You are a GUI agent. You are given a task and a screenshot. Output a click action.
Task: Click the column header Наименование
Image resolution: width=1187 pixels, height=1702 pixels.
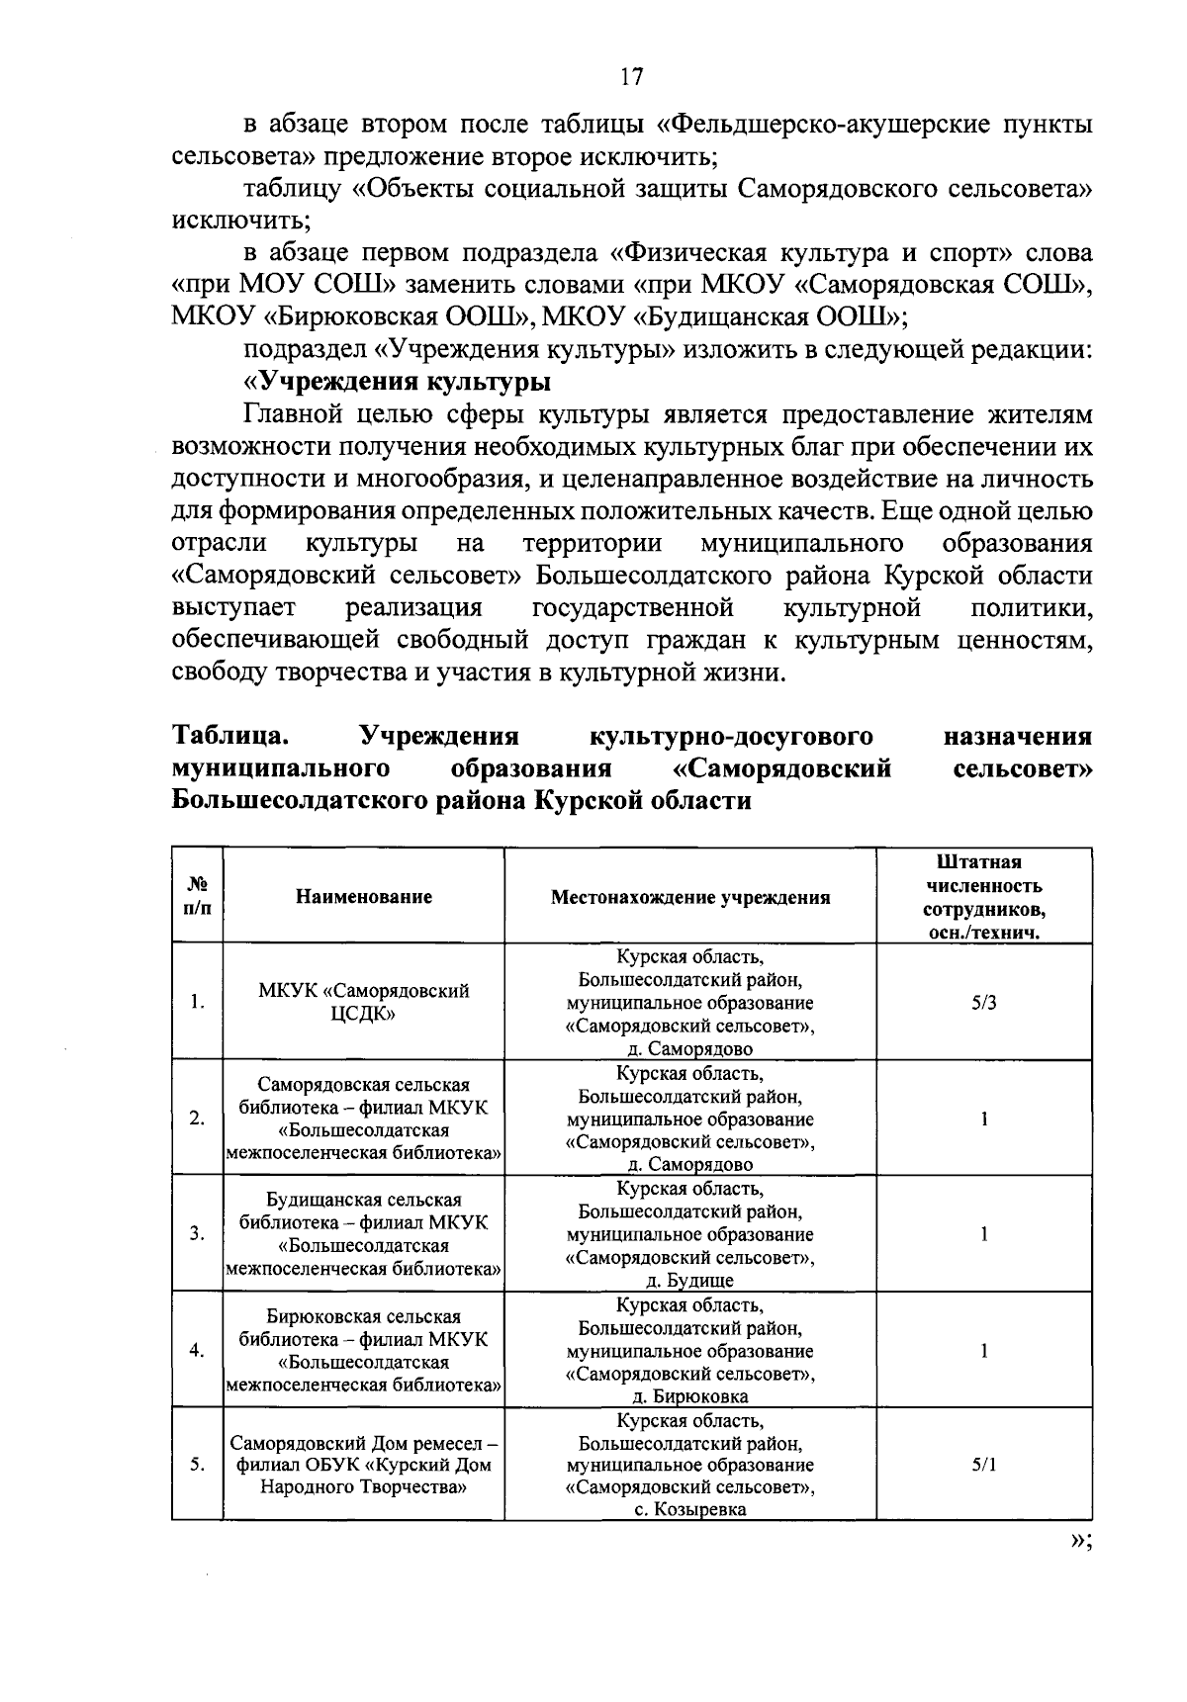363,897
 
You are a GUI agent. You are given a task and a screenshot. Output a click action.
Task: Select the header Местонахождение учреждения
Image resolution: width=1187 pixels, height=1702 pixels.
690,897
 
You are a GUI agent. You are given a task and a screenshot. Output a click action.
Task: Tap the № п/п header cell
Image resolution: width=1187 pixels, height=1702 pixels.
198,896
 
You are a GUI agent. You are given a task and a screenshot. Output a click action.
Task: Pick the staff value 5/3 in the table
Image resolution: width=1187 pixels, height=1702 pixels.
984,1002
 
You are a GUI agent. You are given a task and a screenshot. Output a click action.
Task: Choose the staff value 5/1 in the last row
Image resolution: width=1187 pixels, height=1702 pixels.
984,1465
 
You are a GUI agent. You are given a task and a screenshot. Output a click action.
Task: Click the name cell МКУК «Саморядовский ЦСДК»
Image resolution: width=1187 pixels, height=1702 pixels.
363,1002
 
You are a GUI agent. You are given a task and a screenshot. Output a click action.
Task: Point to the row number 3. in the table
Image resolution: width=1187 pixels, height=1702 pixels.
198,1233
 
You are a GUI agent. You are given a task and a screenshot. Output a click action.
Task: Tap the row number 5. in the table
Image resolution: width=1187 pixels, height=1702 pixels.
198,1465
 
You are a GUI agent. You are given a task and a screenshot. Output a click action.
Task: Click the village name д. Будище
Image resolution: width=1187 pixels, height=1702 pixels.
690,1281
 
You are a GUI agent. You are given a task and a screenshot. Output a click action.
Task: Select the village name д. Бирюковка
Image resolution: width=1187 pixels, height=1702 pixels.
690,1396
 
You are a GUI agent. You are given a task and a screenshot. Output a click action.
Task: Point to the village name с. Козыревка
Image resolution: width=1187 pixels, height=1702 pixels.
690,1510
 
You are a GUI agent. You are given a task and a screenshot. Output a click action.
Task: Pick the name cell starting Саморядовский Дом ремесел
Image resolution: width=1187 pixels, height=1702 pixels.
363,1465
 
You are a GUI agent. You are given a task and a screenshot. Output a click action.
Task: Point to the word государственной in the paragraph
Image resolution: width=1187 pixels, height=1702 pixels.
632,607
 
